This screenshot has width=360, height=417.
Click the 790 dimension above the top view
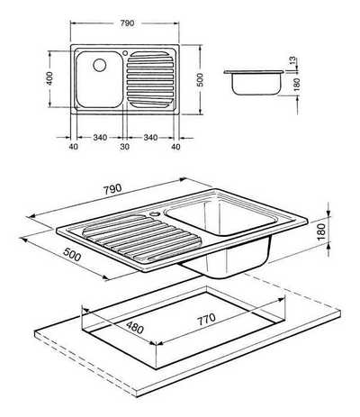127,23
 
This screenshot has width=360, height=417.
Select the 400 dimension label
49,78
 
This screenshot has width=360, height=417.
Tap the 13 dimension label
292,60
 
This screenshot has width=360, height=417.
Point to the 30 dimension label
125,147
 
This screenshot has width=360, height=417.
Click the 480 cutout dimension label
134,327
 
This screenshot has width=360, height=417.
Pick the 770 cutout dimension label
206,319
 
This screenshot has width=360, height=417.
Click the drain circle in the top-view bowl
99,65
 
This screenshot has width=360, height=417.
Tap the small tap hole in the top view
125,53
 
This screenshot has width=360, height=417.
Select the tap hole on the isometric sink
156,214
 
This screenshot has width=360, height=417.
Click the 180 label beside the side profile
297,85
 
